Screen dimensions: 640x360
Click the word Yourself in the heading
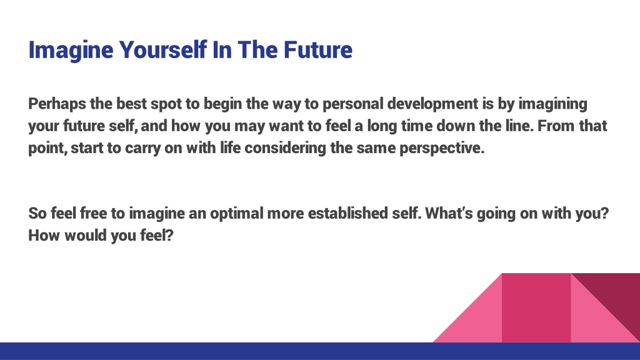163,50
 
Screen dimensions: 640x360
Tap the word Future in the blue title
318,50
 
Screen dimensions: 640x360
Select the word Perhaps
57,104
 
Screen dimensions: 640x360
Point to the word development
432,104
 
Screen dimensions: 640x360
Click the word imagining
552,104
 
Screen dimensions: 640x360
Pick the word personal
353,104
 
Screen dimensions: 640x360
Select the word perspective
442,148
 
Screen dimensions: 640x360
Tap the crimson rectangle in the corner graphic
536,307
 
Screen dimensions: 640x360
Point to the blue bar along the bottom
320,351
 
